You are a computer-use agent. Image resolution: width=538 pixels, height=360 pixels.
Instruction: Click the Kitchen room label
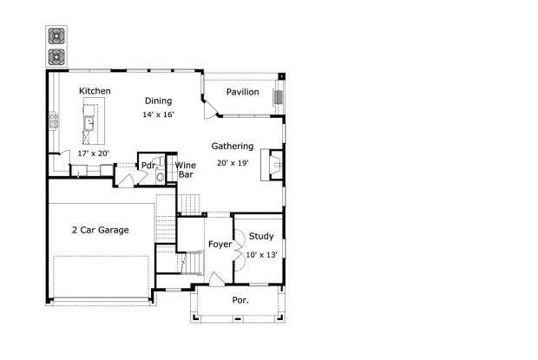(x=95, y=91)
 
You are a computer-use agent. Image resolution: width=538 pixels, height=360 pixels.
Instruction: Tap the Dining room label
(x=158, y=101)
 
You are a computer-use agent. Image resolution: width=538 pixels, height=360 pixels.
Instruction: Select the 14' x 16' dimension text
(x=158, y=115)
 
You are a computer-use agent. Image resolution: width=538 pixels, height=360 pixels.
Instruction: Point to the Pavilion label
(x=243, y=92)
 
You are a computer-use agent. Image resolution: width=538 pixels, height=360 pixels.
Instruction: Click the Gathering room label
(x=233, y=147)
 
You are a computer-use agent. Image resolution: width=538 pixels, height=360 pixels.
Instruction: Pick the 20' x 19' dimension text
(x=233, y=163)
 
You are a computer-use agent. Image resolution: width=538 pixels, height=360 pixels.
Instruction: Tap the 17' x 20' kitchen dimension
(x=94, y=154)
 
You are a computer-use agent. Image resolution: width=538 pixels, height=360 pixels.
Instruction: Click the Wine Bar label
(x=186, y=170)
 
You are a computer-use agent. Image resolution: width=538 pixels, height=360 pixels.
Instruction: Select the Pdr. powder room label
(x=149, y=166)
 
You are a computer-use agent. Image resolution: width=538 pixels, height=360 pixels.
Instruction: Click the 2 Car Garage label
(x=101, y=230)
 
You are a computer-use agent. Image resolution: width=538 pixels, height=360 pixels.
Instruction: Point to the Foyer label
(x=220, y=245)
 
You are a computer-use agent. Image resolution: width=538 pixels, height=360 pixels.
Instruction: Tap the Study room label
(x=261, y=237)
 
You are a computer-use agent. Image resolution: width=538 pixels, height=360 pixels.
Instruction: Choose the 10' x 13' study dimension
(x=261, y=255)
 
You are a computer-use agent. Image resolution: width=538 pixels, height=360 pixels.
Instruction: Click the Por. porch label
(x=240, y=300)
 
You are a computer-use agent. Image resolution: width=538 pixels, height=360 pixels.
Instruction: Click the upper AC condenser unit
(x=56, y=36)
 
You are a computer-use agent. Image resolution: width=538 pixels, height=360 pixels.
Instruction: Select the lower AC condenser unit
(x=56, y=57)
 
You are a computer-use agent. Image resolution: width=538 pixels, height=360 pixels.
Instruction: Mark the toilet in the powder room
(x=161, y=177)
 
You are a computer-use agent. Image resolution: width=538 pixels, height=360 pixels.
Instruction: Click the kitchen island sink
(x=89, y=123)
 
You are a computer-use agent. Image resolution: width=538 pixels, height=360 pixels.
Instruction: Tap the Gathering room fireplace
(x=272, y=165)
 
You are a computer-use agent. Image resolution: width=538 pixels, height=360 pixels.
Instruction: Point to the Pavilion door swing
(x=210, y=111)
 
